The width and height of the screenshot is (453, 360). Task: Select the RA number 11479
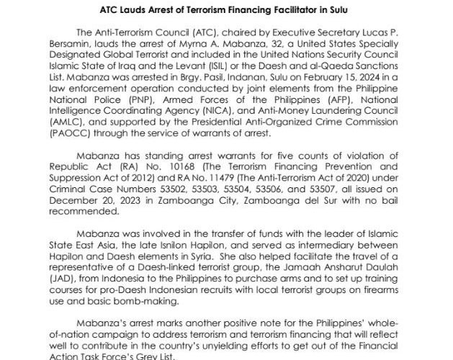pyautogui.click(x=202, y=173)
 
